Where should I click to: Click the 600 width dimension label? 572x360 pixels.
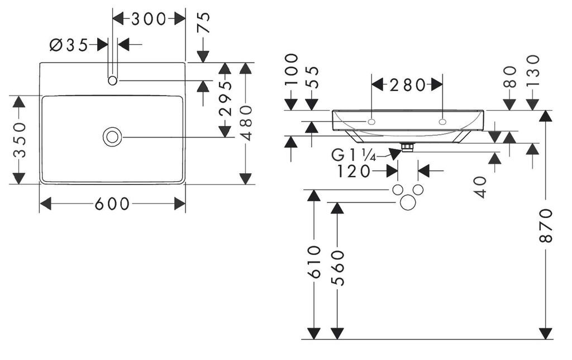112,204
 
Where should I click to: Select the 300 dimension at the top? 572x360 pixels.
149,19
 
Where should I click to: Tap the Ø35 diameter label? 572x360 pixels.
69,45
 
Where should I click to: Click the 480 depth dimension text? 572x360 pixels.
246,123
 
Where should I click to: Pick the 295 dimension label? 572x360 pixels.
225,99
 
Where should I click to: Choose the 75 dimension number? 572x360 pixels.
204,23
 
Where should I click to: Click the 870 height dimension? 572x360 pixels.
546,225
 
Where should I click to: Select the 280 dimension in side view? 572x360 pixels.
407,85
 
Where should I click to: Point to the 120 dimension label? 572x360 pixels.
354,171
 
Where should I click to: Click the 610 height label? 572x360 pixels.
314,262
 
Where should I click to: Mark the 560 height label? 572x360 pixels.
337,268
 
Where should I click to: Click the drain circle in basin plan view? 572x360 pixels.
112,137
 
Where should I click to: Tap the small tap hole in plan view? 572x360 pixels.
112,80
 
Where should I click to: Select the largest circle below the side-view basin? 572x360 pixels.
408,202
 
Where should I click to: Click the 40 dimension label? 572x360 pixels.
480,187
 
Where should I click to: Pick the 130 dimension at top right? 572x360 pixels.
532,70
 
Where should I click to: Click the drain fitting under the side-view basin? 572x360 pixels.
408,148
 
